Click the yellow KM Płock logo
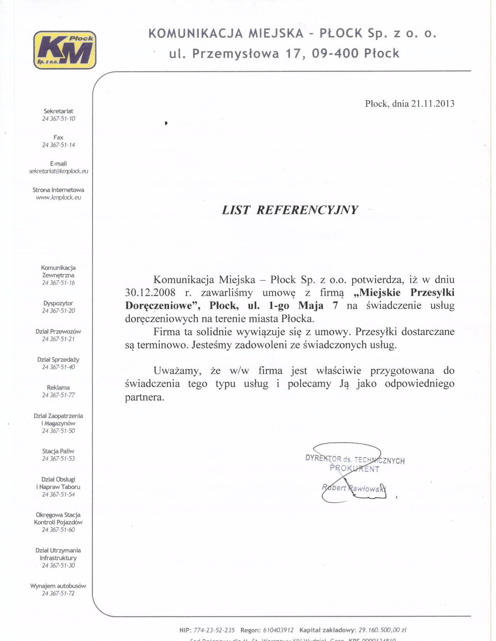(65, 50)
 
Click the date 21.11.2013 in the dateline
(433, 104)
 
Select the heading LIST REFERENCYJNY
(290, 210)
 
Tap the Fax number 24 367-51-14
(59, 145)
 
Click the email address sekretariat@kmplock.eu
(59, 171)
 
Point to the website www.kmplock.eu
(59, 197)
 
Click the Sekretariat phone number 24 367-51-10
(59, 119)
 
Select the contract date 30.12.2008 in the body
(150, 293)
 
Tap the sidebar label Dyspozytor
(58, 303)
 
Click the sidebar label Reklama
(58, 388)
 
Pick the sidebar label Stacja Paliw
(58, 451)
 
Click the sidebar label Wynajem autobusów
(58, 586)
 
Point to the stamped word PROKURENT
(355, 469)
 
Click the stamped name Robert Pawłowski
(354, 489)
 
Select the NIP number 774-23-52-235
(214, 630)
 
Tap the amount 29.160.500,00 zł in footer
(382, 630)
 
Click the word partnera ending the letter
(145, 397)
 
